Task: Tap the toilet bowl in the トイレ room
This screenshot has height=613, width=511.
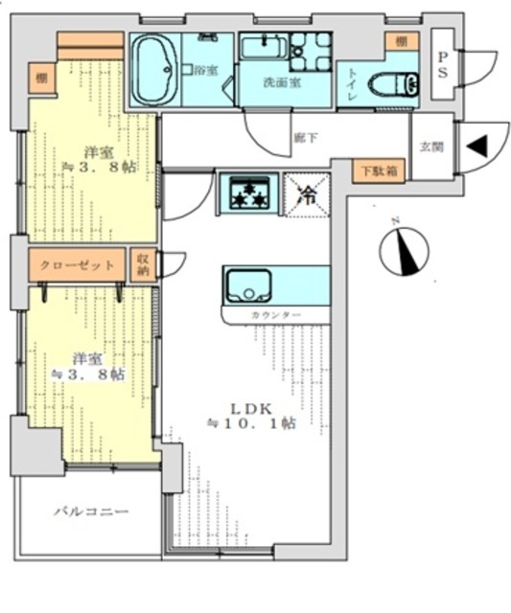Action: pos(394,84)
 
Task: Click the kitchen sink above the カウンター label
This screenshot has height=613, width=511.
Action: pos(248,285)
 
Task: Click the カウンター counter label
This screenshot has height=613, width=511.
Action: pos(276,315)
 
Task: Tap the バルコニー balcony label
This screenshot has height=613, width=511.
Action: pos(90,512)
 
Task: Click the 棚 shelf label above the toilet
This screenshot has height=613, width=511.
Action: pos(401,42)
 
